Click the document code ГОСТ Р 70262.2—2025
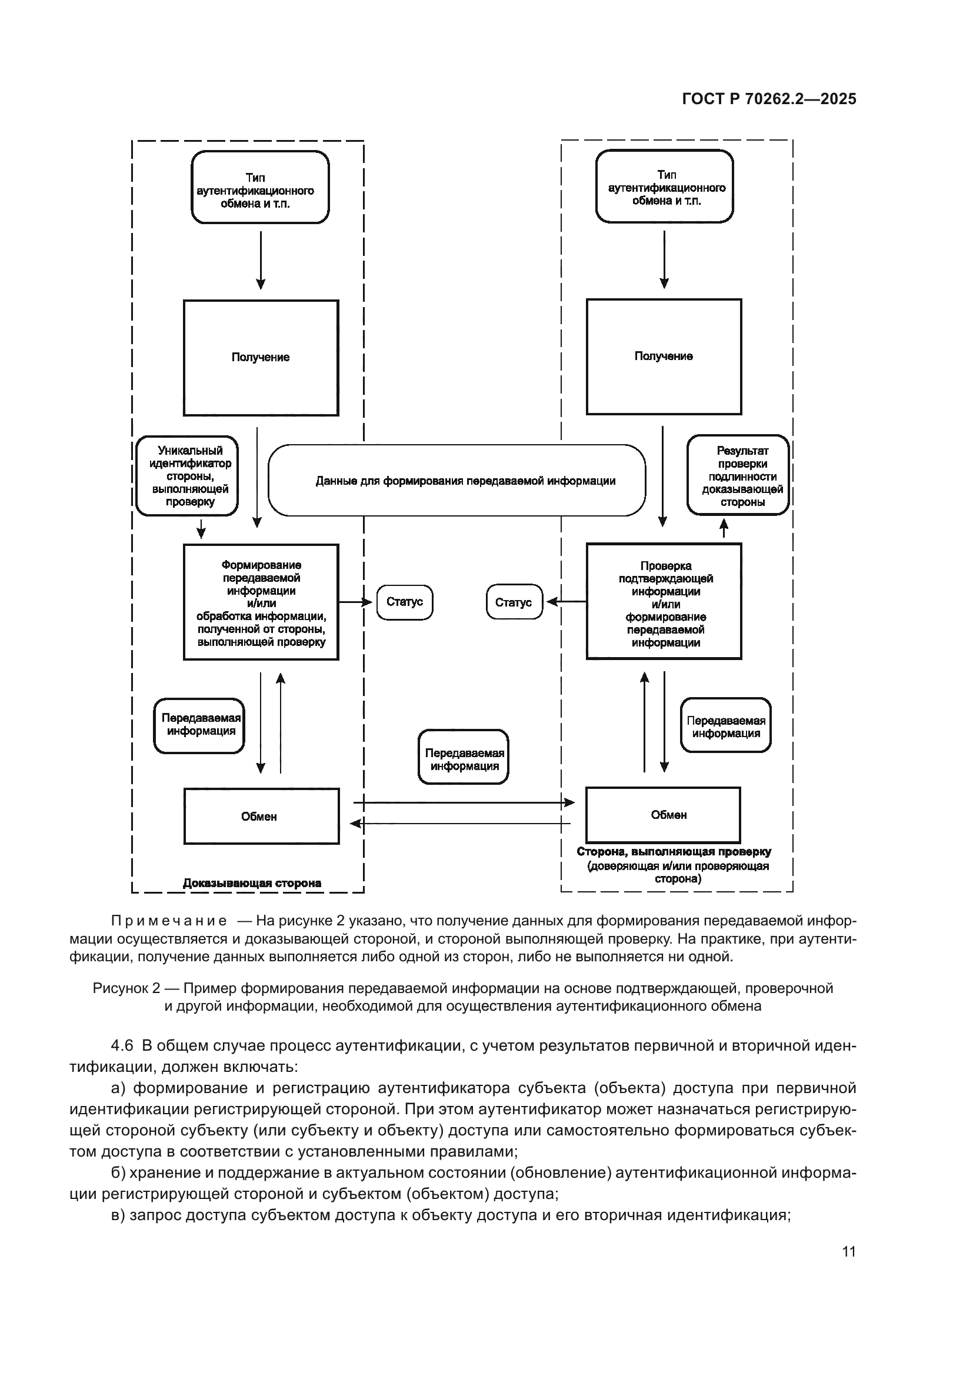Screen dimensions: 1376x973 (769, 99)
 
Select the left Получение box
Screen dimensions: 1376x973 (261, 358)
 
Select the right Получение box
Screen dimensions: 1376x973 (663, 357)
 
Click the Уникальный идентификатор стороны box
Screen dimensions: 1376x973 (187, 476)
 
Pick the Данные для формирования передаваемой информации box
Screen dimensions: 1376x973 (456, 481)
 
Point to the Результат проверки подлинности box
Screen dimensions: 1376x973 (738, 475)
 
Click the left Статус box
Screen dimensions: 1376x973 (404, 602)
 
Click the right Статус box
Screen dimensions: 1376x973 (514, 602)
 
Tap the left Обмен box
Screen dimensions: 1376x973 (261, 817)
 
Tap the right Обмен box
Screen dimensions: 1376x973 (662, 815)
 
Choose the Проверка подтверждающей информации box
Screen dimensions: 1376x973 (663, 601)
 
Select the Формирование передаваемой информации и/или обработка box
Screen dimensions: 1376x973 (261, 602)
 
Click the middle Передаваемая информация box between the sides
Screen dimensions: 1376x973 (463, 757)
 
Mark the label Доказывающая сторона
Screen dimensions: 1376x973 (252, 883)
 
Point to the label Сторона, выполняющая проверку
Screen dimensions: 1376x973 (674, 852)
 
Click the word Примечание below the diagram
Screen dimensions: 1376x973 (169, 921)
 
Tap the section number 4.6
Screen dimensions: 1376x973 (122, 1046)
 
